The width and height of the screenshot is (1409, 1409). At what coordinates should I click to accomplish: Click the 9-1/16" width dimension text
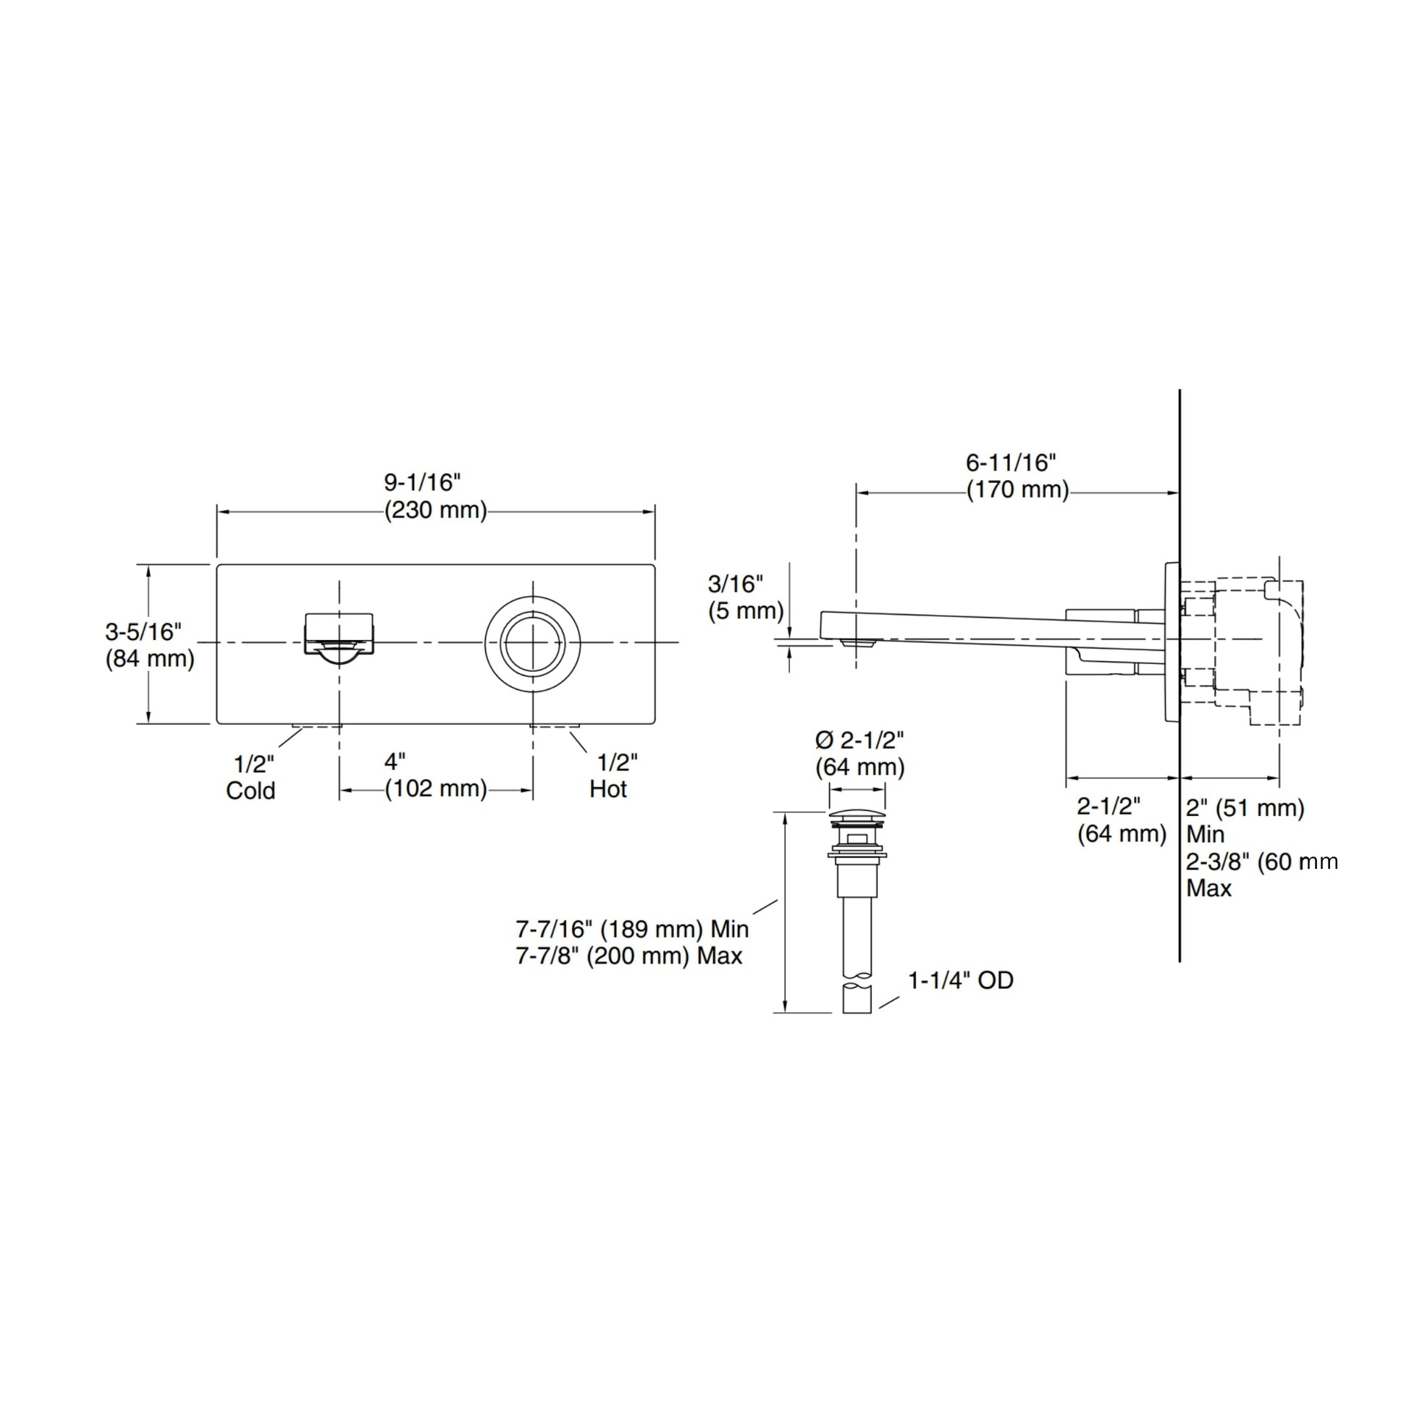click(x=423, y=483)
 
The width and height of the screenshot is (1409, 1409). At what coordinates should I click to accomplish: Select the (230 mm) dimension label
click(x=436, y=510)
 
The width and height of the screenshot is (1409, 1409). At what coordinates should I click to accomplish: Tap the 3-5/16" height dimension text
click(x=143, y=631)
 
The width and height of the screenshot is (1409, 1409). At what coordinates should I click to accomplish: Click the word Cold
click(x=251, y=791)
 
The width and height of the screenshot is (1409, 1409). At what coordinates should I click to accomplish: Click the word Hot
click(x=608, y=789)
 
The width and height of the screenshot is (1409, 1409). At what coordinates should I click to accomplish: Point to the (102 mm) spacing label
click(x=436, y=788)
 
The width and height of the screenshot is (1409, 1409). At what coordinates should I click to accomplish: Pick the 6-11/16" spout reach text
click(x=1011, y=463)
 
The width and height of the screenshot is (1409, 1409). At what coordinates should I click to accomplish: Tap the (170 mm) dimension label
click(x=1018, y=489)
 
